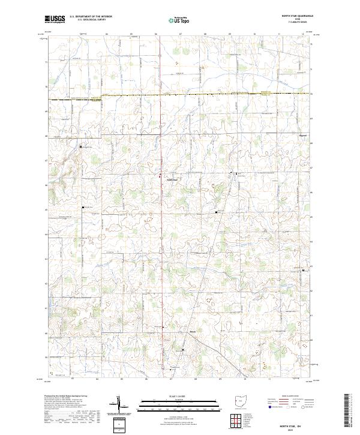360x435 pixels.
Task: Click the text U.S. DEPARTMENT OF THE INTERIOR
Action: tap(90, 17)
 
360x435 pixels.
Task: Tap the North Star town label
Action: tap(172, 178)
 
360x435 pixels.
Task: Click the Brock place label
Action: tap(176, 332)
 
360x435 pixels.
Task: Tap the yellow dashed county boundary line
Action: tap(180, 95)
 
